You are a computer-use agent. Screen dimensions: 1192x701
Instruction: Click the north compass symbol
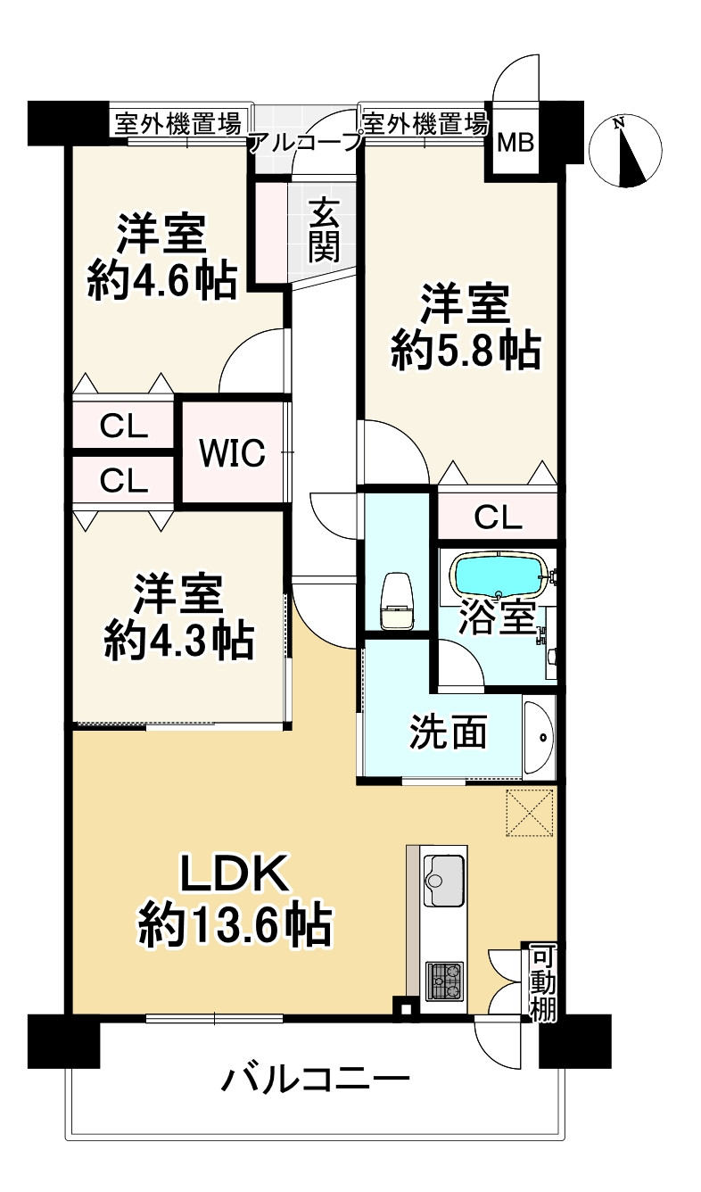click(626, 151)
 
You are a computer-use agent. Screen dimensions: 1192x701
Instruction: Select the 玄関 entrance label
click(324, 230)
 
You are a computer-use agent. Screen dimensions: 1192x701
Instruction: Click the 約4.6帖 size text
click(161, 282)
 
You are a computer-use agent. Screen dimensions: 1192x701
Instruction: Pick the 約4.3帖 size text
click(178, 640)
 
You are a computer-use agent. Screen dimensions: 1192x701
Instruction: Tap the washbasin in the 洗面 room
click(539, 737)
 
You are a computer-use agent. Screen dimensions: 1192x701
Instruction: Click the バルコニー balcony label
click(316, 1082)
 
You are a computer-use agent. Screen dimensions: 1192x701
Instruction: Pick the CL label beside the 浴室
click(497, 516)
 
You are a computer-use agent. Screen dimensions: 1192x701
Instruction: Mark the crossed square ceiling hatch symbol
click(531, 814)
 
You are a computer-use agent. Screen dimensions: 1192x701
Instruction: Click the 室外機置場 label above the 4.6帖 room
click(176, 124)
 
